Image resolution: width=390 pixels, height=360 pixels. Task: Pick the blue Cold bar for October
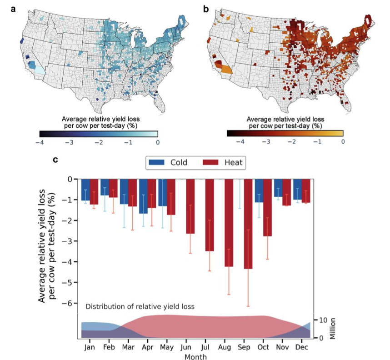pyautogui.click(x=259, y=190)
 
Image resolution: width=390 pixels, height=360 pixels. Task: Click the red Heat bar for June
pyautogui.click(x=190, y=206)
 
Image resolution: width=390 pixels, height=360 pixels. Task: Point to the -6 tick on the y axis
pyautogui.click(x=70, y=303)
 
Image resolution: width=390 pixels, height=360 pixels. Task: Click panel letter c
pyautogui.click(x=55, y=160)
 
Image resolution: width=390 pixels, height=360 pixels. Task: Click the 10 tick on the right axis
pyautogui.click(x=321, y=320)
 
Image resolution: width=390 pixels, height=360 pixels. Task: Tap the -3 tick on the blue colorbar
pyautogui.click(x=69, y=142)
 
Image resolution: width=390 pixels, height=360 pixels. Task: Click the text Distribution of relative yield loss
pyautogui.click(x=140, y=307)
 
